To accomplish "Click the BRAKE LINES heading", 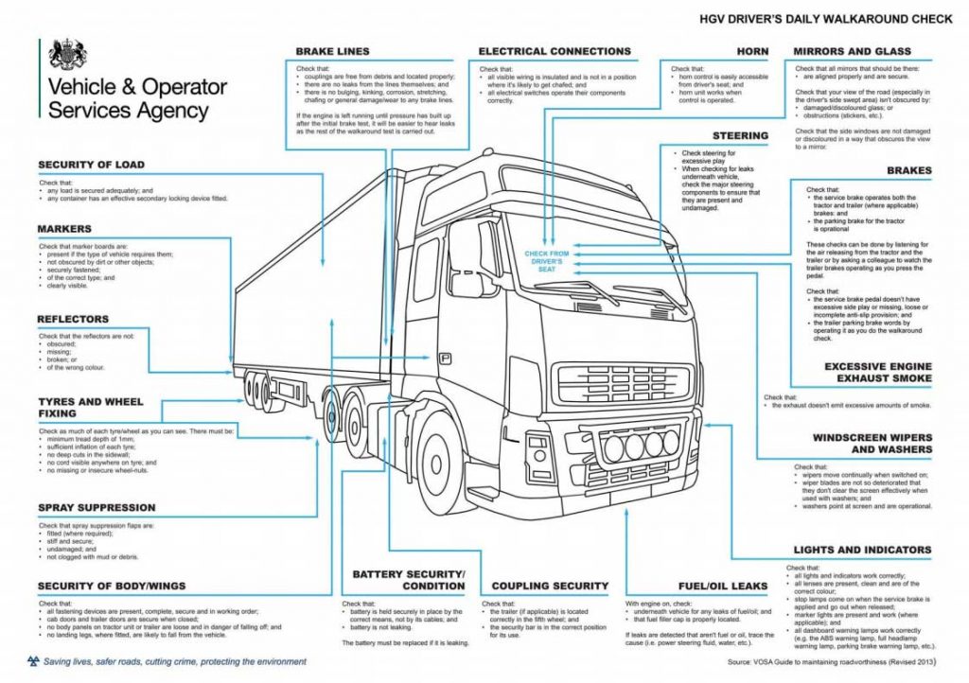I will [332, 51].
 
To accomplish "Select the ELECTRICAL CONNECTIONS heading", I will [555, 51].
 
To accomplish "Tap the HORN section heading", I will [753, 51].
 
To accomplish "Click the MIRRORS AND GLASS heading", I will [852, 51].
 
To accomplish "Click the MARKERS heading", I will [64, 229].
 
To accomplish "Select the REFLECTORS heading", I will [73, 319].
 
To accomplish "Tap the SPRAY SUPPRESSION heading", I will [97, 508].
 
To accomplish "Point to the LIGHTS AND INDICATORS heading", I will [862, 550].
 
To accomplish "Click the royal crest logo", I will [66, 54].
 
